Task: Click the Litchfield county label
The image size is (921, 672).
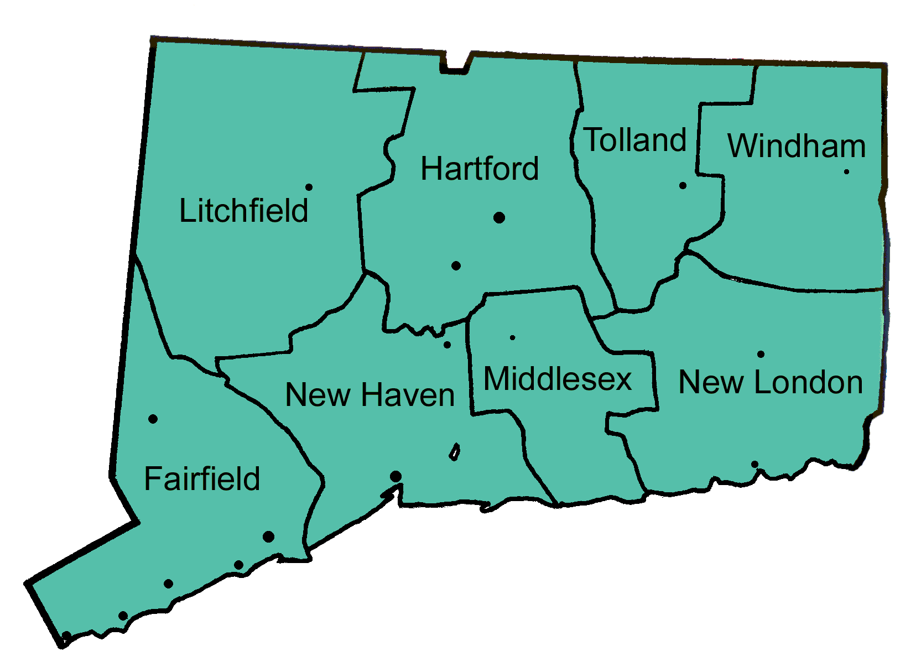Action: tap(243, 211)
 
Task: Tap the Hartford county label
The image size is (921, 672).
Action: tap(480, 169)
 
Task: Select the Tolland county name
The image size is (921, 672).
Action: tap(635, 140)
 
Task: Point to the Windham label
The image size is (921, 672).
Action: tap(797, 146)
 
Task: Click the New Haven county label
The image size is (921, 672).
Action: tap(370, 395)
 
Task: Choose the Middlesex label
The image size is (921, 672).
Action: tap(558, 379)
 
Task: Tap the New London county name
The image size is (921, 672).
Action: tap(771, 382)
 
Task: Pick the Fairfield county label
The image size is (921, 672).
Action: tap(202, 479)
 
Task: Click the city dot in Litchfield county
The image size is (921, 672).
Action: tap(309, 187)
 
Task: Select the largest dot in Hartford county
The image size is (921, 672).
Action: tap(499, 217)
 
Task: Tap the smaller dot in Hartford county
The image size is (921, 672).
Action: tap(456, 266)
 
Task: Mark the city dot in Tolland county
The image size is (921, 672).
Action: tap(683, 186)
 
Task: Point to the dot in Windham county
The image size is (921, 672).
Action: tap(846, 172)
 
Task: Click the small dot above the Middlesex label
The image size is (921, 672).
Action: tap(512, 337)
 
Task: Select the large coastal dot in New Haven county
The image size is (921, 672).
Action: tap(396, 476)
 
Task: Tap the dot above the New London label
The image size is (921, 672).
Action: tap(761, 354)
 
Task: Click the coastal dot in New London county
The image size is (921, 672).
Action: tap(755, 464)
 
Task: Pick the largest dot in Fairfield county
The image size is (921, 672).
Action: tap(268, 536)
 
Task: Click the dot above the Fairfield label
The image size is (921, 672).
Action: tap(153, 419)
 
